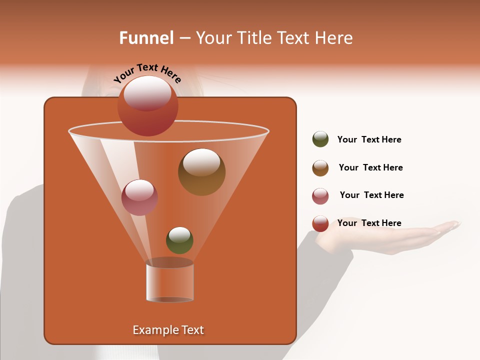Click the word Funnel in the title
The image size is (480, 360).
[x=146, y=38]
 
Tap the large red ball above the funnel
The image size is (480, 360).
[x=147, y=105]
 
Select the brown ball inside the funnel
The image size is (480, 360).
[x=201, y=172]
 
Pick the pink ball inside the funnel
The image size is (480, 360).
[x=139, y=197]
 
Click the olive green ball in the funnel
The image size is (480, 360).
[x=179, y=240]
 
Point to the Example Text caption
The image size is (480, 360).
[x=168, y=330]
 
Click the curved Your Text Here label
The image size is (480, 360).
[x=147, y=73]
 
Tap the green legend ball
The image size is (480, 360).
[x=320, y=139]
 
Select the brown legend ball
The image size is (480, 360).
[x=320, y=168]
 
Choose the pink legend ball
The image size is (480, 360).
[x=320, y=196]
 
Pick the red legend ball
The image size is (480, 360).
[x=320, y=223]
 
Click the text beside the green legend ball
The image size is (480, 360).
[x=369, y=139]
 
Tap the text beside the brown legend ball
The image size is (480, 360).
[x=370, y=167]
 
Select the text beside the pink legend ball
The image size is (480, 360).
[x=371, y=195]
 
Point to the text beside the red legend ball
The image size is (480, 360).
[x=369, y=223]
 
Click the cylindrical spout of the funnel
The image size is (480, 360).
[x=169, y=281]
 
